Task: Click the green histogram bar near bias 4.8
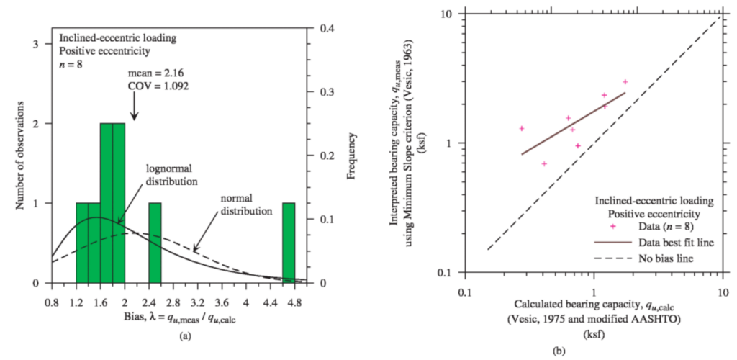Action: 289,243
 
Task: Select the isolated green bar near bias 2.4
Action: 155,243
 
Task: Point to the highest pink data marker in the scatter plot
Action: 625,82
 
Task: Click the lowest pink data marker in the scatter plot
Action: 544,164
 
